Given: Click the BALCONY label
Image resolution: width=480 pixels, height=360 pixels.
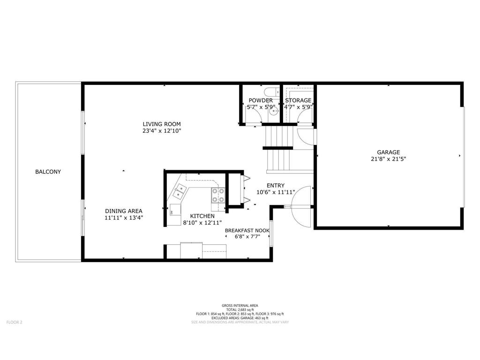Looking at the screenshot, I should click(48, 172).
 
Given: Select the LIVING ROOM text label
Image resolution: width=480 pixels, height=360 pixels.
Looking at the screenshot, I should click(162, 124).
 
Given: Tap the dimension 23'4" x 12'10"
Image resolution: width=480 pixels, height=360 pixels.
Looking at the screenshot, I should click(162, 131).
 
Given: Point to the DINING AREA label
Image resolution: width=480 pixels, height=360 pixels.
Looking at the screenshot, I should click(123, 211).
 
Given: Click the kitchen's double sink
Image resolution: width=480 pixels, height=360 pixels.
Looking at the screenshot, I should click(179, 190).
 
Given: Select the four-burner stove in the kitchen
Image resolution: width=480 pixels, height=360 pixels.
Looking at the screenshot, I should click(217, 195).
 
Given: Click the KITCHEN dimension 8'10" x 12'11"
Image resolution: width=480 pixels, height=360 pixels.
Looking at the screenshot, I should click(202, 223).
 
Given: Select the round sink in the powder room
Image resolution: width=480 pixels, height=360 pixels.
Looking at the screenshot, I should click(276, 111).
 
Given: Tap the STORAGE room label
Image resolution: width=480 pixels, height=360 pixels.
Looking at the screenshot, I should click(298, 100).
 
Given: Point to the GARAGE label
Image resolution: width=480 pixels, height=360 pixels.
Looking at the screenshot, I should click(389, 152).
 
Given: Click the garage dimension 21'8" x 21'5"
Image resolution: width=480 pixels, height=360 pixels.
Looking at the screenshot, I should click(389, 159).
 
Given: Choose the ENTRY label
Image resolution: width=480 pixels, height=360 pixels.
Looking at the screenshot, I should click(276, 185).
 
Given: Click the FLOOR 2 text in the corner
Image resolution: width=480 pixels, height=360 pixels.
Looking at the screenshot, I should click(14, 322).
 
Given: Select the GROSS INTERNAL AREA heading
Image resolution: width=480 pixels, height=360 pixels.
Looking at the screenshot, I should click(240, 306).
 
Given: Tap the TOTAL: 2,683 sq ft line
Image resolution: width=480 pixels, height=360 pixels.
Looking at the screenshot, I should click(240, 310).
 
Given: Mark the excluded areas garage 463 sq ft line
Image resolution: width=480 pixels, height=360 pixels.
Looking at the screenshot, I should click(240, 318).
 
